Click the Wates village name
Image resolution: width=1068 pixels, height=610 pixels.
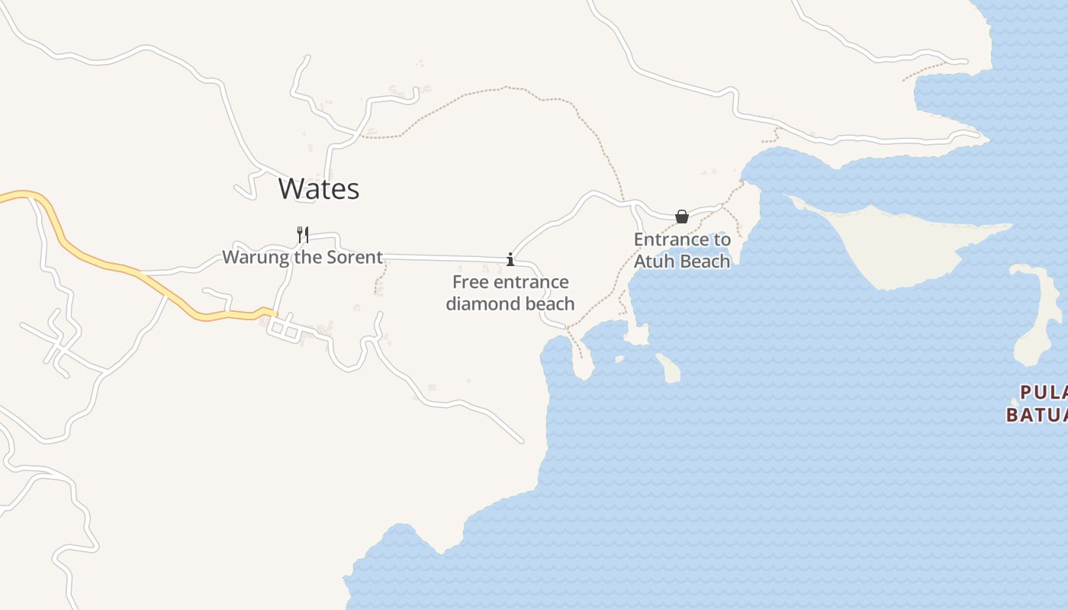click(x=318, y=188)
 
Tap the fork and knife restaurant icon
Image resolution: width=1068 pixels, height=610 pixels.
click(x=303, y=234)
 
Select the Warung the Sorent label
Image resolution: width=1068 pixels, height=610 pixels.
click(x=302, y=257)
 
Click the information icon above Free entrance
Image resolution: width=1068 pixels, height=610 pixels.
click(x=510, y=260)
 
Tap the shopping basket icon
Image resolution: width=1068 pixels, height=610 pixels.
click(x=682, y=217)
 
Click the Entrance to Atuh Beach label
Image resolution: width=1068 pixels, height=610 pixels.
click(x=682, y=250)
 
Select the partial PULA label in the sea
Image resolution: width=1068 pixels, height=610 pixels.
click(x=1043, y=393)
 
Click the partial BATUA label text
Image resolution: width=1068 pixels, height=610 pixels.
click(x=1036, y=415)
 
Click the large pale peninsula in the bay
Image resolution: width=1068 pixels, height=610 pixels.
click(x=900, y=244)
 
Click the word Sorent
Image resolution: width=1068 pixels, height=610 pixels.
click(x=355, y=257)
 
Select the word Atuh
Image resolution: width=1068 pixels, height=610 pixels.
click(x=656, y=261)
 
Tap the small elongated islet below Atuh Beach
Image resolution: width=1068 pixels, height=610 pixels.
click(x=668, y=368)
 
